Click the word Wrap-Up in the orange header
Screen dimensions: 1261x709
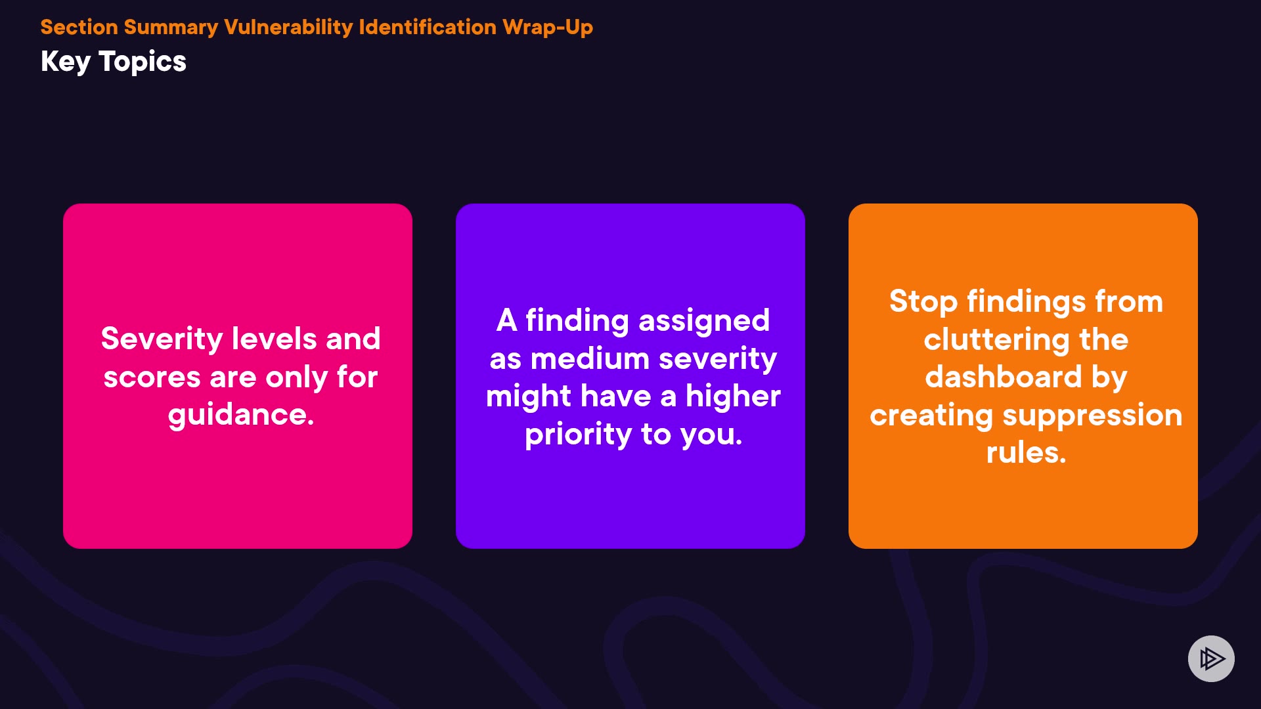pos(547,27)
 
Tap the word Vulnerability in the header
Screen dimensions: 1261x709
pos(288,28)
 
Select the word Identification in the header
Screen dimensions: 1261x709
pos(428,27)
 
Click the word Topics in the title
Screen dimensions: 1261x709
pos(143,62)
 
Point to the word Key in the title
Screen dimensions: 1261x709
pos(66,62)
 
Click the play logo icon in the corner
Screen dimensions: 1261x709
pos(1211,658)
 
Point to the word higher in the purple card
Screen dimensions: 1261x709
pos(733,397)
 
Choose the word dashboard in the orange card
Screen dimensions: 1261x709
pos(1004,377)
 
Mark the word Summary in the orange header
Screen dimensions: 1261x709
pos(171,28)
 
